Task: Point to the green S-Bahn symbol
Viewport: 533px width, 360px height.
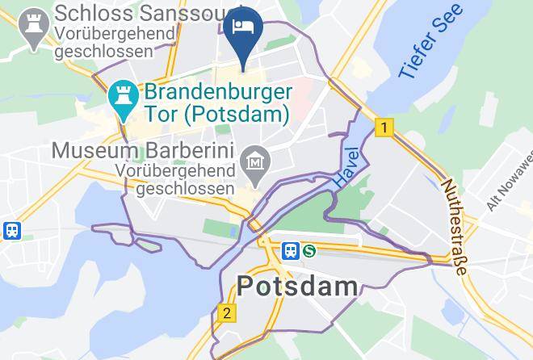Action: (309, 251)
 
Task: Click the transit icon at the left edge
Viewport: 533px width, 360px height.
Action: (11, 230)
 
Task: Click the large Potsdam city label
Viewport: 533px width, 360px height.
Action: (297, 286)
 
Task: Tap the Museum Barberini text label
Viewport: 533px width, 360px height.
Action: (142, 151)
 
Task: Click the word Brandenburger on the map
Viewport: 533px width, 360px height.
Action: (217, 92)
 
